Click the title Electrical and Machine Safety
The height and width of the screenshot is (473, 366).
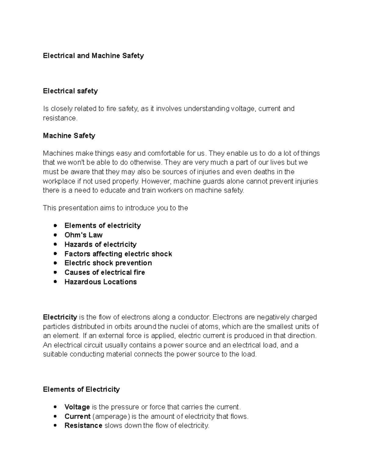(x=93, y=56)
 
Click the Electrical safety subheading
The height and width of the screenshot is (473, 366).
(x=70, y=91)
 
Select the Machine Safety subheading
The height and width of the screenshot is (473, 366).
(x=69, y=136)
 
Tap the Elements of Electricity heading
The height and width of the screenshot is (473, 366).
(x=81, y=390)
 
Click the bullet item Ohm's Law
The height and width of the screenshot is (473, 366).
(x=83, y=235)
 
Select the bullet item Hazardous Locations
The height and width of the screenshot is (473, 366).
(x=100, y=282)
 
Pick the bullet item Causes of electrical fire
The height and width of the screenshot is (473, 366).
(x=105, y=273)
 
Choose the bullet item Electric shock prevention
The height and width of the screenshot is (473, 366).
(x=108, y=263)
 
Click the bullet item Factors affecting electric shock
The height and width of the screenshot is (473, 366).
(x=118, y=254)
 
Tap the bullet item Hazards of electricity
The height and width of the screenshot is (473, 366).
(x=100, y=245)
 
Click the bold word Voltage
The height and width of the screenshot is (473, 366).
(x=77, y=407)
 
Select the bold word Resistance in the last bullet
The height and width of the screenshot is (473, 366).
(x=83, y=426)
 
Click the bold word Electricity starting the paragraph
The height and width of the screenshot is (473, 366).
(x=60, y=317)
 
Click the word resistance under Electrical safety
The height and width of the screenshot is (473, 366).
(x=60, y=118)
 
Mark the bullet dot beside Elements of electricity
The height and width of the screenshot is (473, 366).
(x=55, y=226)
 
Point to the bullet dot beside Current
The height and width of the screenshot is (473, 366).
(x=55, y=416)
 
